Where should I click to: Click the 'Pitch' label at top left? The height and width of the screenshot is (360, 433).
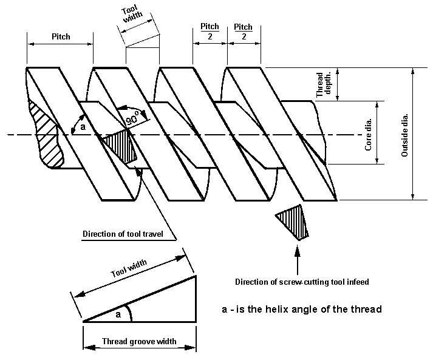(x=60, y=36)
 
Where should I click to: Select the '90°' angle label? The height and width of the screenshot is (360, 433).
(x=132, y=120)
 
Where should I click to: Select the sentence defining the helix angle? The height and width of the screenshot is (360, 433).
(x=301, y=309)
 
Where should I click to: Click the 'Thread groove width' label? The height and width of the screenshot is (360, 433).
(x=139, y=341)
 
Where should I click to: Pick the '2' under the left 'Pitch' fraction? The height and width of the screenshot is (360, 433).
(x=210, y=37)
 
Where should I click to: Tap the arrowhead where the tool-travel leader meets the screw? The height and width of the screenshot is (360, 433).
(x=141, y=172)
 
